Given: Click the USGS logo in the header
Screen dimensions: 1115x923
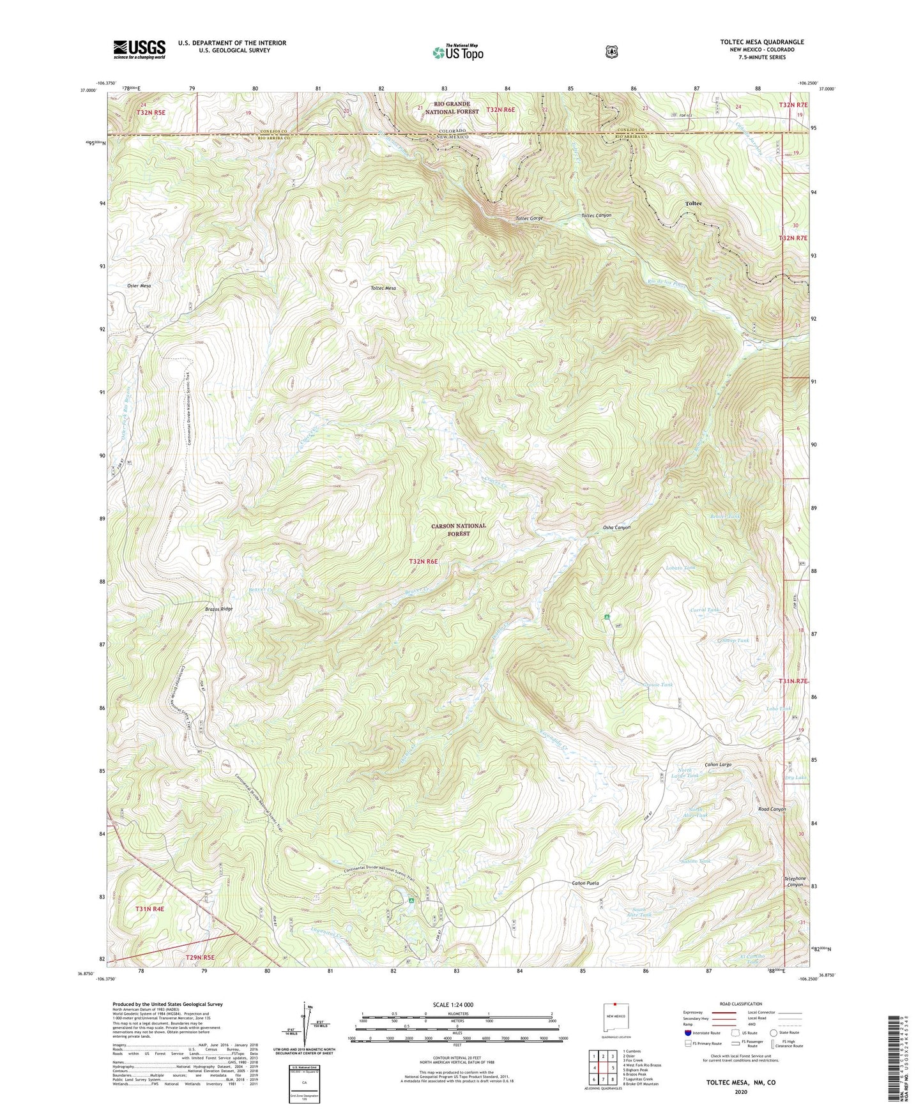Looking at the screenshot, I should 139,49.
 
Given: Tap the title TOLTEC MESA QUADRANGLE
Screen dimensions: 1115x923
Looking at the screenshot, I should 761,42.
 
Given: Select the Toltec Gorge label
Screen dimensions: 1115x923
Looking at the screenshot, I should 530,218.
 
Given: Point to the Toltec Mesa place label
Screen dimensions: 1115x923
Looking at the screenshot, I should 383,288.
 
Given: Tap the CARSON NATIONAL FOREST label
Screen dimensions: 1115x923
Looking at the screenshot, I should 458,529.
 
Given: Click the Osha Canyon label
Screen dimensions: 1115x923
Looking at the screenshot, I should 616,527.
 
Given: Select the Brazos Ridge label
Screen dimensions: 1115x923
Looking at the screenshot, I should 218,609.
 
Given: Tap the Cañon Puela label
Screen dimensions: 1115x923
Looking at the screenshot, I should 584,883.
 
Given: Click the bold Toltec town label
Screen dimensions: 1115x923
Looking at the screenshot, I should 693,203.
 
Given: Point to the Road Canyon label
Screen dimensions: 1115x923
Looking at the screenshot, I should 771,809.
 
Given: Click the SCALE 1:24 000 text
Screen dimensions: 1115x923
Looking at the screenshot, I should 453,1005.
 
